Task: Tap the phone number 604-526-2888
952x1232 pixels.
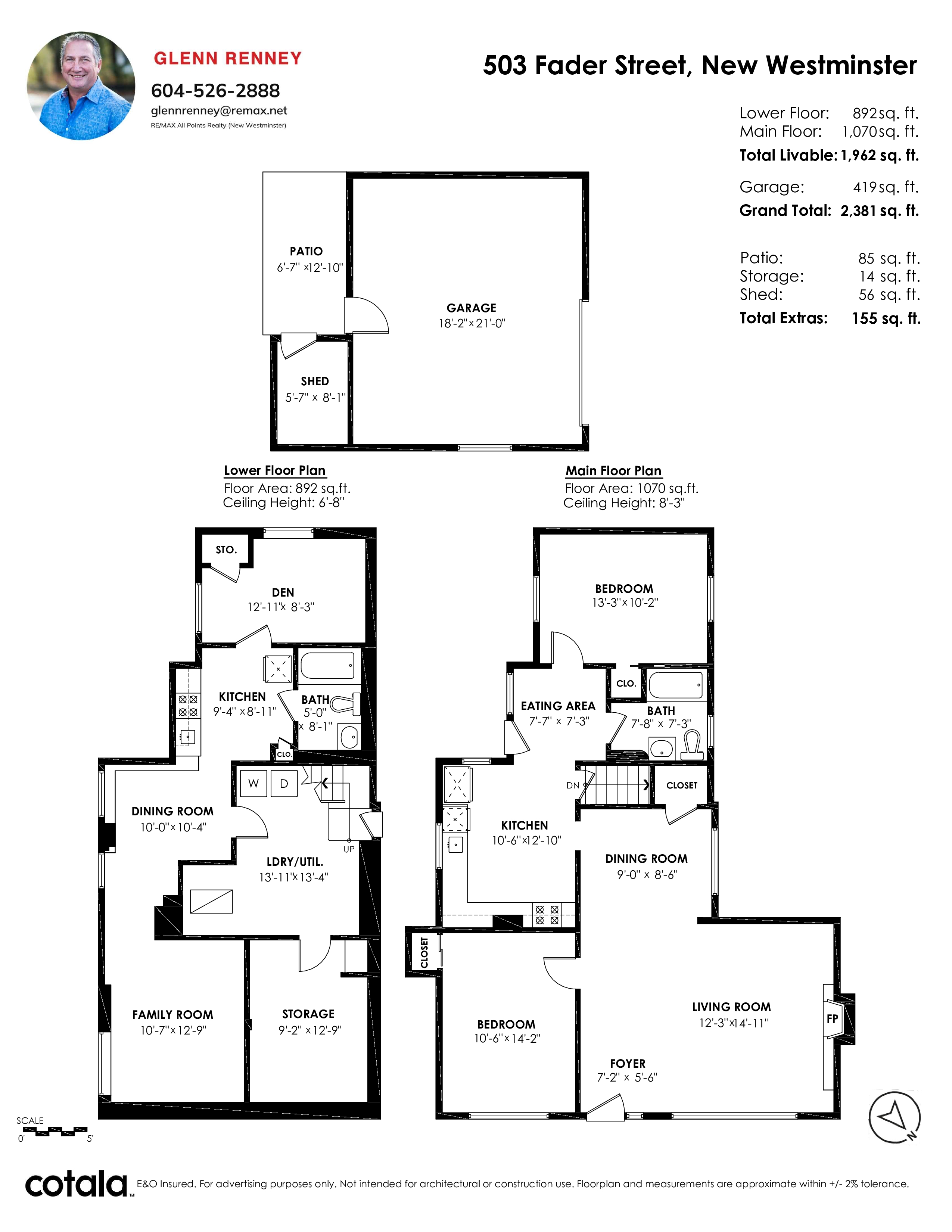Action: pyautogui.click(x=215, y=91)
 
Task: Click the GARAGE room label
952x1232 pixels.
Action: pyautogui.click(x=472, y=308)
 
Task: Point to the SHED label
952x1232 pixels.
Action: pyautogui.click(x=315, y=381)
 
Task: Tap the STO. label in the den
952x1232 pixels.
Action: pyautogui.click(x=226, y=550)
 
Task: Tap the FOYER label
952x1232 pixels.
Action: pyautogui.click(x=628, y=1064)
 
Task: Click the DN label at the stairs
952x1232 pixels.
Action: pyautogui.click(x=572, y=785)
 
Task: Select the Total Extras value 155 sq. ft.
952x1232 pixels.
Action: pyautogui.click(x=886, y=319)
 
